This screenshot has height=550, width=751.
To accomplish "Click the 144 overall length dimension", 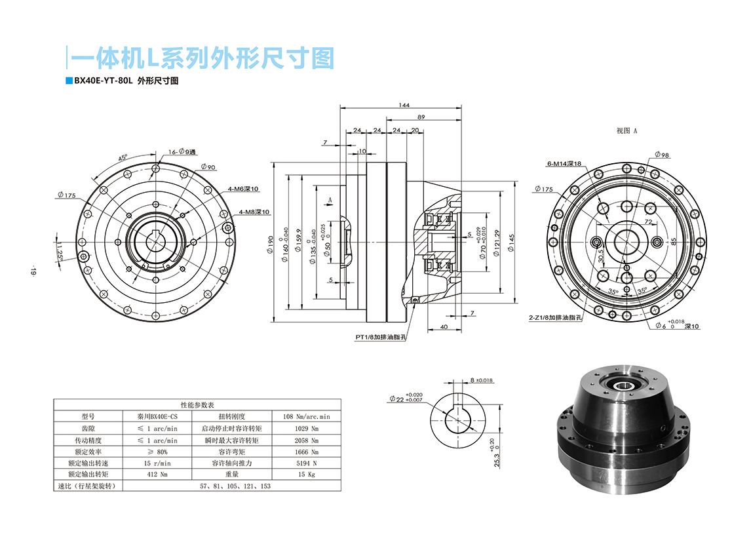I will [x=404, y=105].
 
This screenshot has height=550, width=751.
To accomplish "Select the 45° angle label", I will [x=123, y=158].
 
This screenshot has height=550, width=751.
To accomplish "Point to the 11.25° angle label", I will [x=60, y=250].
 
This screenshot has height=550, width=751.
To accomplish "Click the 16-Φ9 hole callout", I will [x=182, y=151].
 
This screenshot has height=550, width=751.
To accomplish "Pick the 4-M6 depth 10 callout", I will [x=243, y=189].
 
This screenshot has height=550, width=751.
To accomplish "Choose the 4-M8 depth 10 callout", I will [x=254, y=212].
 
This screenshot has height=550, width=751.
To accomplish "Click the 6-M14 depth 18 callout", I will [x=564, y=164].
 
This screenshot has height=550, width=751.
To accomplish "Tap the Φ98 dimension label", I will [x=661, y=155].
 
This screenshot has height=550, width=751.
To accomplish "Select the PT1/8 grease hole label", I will [x=381, y=337].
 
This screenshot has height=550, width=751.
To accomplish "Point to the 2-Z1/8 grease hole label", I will [x=556, y=317].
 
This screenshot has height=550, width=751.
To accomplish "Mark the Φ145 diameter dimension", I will [x=510, y=245].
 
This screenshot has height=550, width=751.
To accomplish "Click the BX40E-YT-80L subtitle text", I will [x=104, y=81].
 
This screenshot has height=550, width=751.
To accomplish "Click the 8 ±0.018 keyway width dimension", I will [x=481, y=380].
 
